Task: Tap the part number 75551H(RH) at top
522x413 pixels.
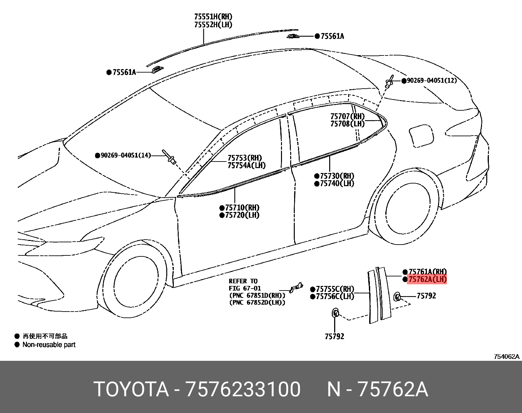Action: click(x=213, y=17)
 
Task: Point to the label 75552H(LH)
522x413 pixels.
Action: click(x=213, y=25)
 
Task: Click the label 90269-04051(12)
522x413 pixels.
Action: click(x=432, y=80)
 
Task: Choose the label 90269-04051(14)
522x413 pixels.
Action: click(x=126, y=155)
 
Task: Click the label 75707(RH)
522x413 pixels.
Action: click(x=347, y=116)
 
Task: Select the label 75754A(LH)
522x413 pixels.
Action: click(x=247, y=166)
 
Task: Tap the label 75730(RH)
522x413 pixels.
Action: click(x=337, y=176)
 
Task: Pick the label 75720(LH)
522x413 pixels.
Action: click(x=242, y=215)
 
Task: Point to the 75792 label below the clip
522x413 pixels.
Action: click(x=334, y=337)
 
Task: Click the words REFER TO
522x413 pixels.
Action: click(x=243, y=281)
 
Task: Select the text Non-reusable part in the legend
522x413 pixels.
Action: click(x=49, y=345)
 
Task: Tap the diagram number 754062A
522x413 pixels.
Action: click(x=507, y=357)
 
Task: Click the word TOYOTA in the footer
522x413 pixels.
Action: click(x=131, y=389)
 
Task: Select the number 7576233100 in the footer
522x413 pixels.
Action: click(x=243, y=389)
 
